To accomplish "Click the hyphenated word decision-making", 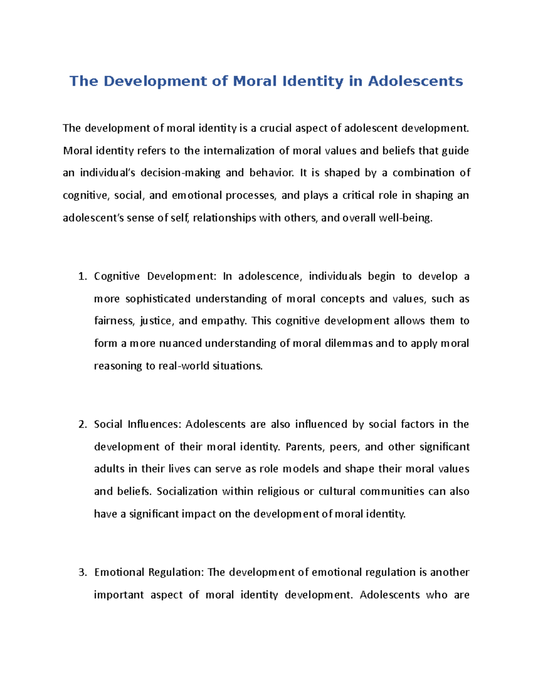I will (x=180, y=173).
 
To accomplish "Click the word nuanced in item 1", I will (x=180, y=343).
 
